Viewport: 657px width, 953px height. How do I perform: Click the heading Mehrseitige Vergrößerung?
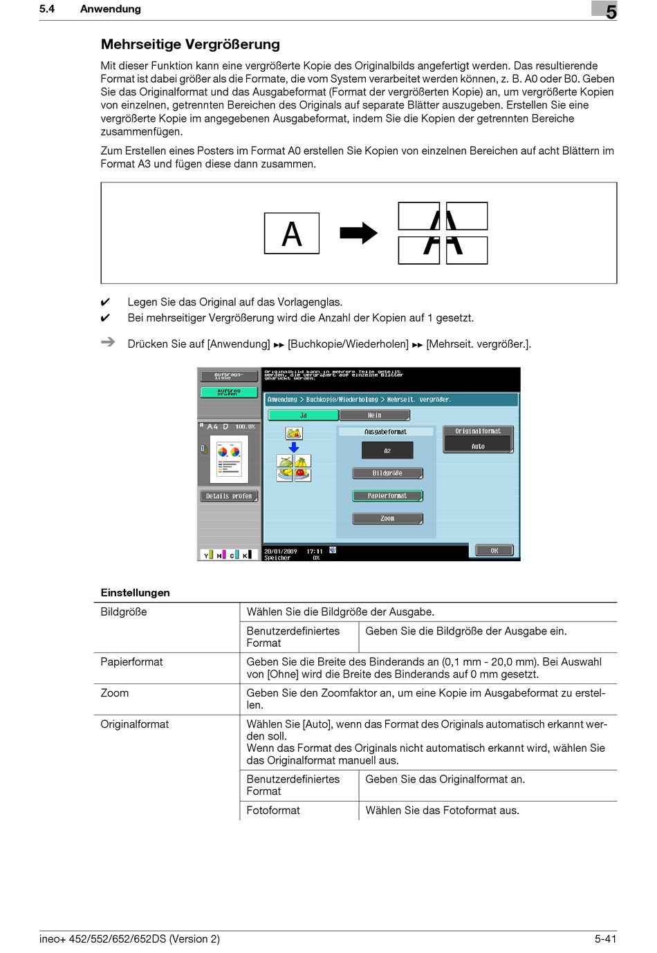(190, 44)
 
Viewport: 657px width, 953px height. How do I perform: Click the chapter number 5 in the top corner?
(611, 12)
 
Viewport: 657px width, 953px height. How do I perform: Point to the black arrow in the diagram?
(358, 233)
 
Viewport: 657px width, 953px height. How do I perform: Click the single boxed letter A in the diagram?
(292, 234)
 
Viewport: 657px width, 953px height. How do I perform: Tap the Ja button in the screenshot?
(303, 415)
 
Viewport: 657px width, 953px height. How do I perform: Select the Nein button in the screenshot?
(374, 415)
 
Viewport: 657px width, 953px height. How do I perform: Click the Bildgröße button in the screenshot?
(387, 473)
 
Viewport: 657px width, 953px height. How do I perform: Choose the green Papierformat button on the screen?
(387, 496)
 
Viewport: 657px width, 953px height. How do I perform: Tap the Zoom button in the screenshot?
(387, 518)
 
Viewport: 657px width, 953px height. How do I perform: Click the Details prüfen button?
(229, 496)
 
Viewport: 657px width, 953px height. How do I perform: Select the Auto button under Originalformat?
(478, 446)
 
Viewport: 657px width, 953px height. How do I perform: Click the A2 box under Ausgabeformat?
(387, 451)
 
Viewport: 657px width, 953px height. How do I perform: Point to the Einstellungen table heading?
(135, 592)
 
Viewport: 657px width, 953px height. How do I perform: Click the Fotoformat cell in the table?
(273, 810)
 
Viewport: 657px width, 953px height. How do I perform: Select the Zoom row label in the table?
(115, 693)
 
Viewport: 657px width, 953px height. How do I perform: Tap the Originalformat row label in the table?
(134, 724)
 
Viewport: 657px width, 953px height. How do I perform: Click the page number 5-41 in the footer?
(605, 938)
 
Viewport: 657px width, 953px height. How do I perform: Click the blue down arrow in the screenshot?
(294, 447)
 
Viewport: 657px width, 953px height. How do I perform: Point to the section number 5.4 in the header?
(47, 9)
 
